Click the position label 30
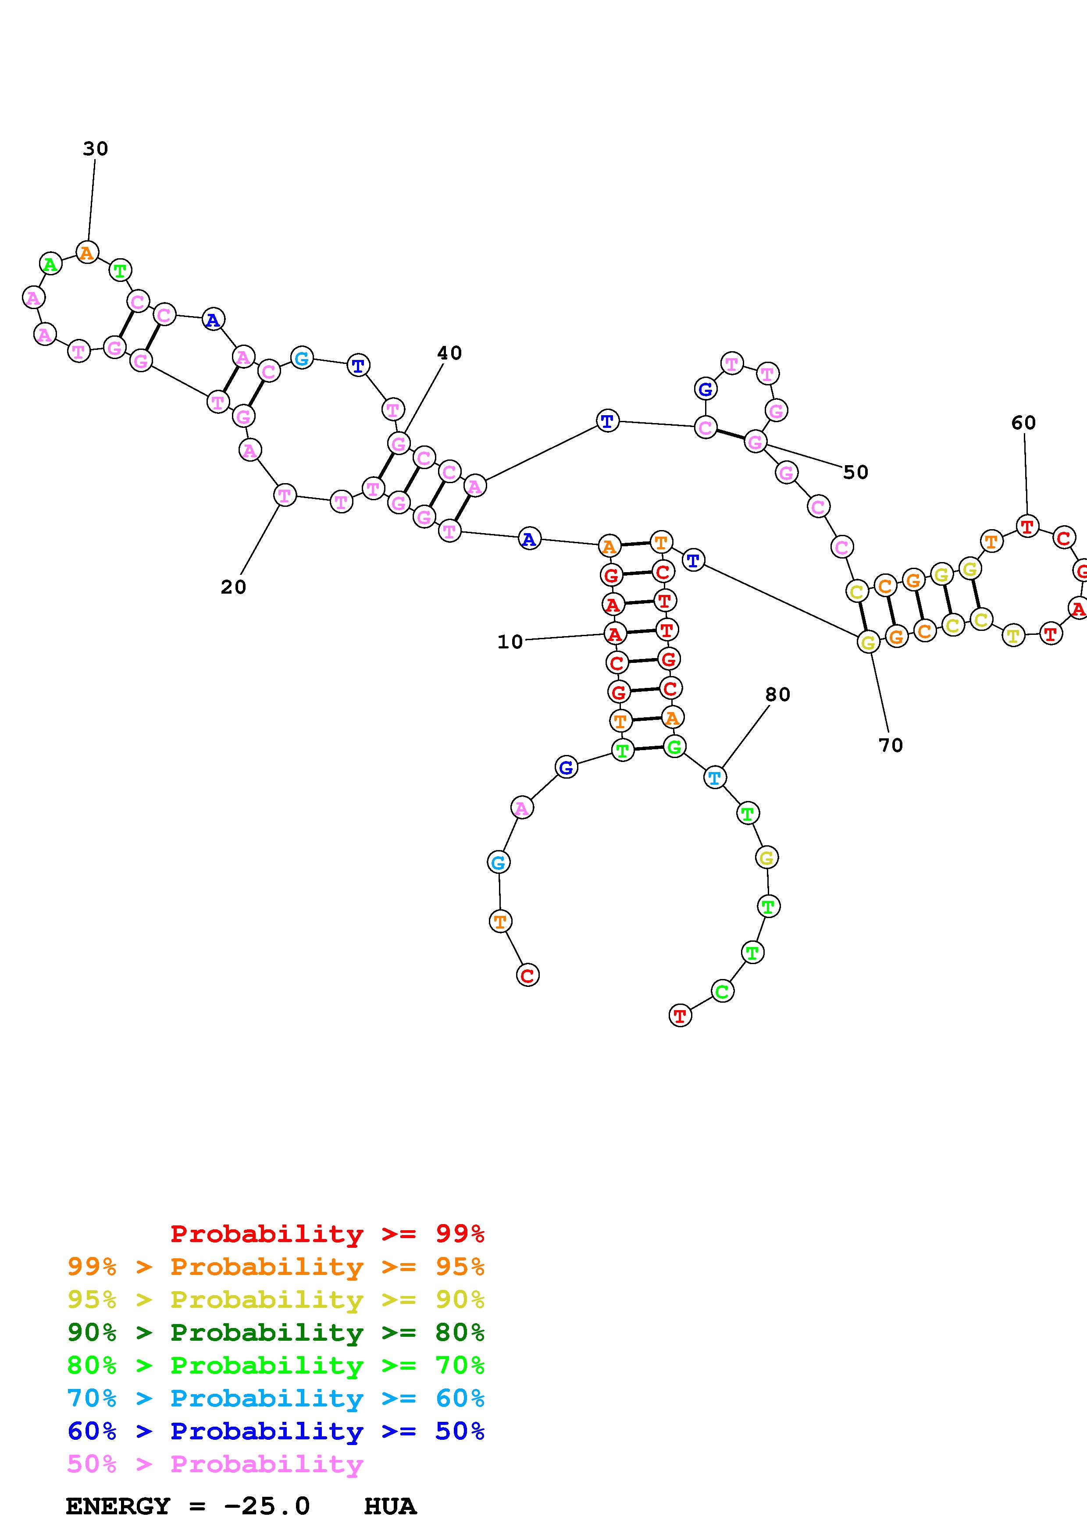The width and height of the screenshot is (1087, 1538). (x=95, y=149)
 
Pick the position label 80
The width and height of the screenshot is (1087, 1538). (x=777, y=694)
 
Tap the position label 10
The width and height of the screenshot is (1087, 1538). (x=510, y=642)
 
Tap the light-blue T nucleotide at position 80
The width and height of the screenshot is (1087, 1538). (x=715, y=778)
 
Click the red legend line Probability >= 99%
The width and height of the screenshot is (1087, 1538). (x=327, y=1233)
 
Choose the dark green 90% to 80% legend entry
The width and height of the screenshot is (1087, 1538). (x=275, y=1332)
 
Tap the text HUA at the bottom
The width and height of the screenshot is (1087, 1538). (x=390, y=1506)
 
